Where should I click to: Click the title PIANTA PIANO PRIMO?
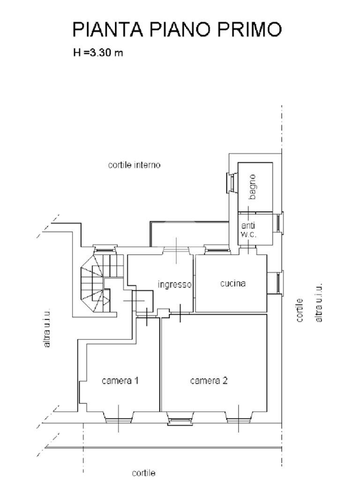coord(177,30)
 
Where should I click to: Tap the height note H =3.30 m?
coord(98,52)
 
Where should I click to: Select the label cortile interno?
coord(134,165)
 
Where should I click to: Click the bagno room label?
coord(253,187)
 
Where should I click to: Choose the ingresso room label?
coord(174,284)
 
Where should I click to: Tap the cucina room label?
coord(233,283)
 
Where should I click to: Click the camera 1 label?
coord(120,381)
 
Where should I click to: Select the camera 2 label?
coord(209,381)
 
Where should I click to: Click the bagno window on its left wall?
coord(231,182)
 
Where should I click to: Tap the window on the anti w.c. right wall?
coord(279,223)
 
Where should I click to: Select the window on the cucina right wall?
coord(279,283)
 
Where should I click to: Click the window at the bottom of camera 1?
coord(118,419)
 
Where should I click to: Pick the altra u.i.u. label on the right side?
coord(319,303)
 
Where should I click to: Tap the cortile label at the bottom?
coord(143,473)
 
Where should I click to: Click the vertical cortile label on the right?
coord(300,310)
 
